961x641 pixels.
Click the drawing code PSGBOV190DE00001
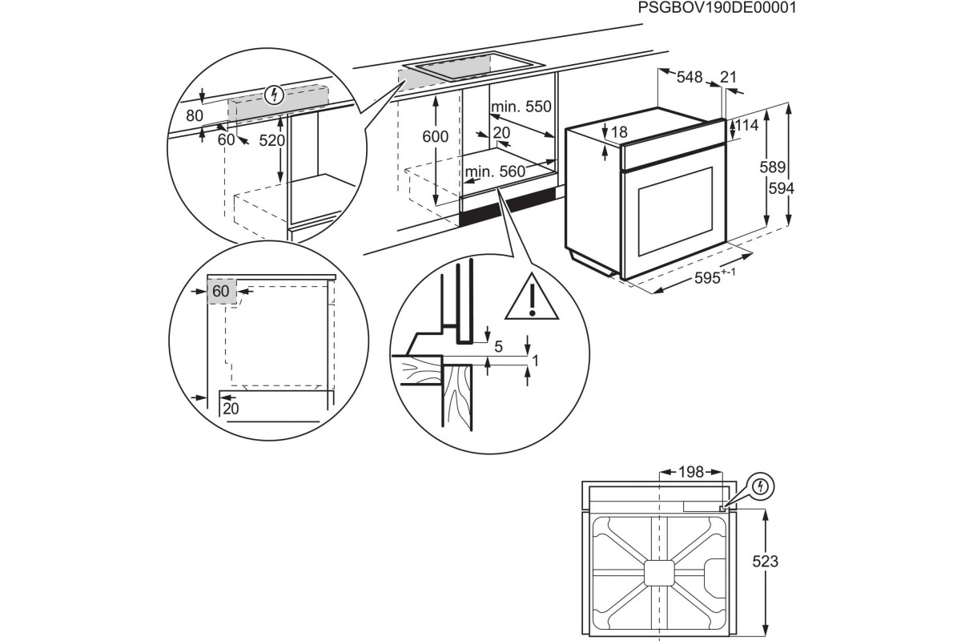[718, 9]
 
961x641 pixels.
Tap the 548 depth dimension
[690, 78]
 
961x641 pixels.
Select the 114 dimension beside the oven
[746, 126]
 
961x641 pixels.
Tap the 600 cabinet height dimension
[435, 137]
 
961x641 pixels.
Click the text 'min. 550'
[521, 107]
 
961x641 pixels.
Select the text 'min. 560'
[494, 171]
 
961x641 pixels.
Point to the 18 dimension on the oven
[619, 132]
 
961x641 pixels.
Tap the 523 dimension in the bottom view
[766, 562]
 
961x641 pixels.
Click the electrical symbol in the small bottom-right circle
[761, 486]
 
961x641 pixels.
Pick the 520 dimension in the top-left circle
[272, 140]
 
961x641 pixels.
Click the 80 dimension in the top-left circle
[195, 115]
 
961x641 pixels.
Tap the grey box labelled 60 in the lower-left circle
[222, 292]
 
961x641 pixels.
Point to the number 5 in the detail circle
[498, 347]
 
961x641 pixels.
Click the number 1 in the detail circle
[536, 361]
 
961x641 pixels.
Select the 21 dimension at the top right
[728, 77]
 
